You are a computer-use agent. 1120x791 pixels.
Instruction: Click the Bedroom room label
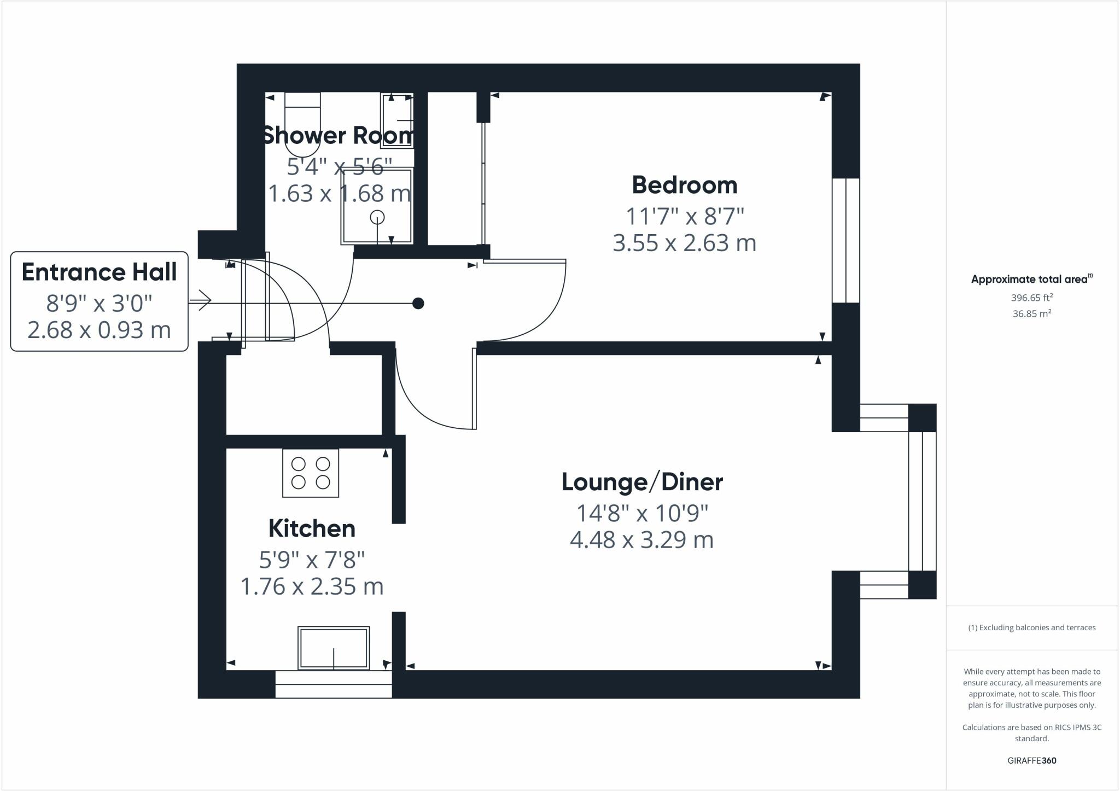[684, 185]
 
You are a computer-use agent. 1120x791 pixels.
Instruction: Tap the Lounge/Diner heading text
[642, 482]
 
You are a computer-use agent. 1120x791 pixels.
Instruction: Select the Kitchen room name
[312, 528]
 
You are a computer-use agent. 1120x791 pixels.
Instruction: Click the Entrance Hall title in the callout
[99, 272]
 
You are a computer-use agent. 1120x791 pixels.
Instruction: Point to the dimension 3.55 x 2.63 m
[684, 243]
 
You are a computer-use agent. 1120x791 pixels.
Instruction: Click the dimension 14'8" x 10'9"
[642, 513]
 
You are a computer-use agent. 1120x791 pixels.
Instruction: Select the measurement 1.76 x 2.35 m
[312, 586]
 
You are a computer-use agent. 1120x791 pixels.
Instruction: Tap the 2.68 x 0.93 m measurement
[99, 330]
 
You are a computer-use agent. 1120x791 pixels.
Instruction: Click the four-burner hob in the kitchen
[311, 473]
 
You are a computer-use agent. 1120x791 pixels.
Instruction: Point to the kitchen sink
[334, 648]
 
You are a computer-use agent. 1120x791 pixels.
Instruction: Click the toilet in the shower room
[302, 125]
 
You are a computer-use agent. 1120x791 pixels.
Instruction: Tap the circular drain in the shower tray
[377, 217]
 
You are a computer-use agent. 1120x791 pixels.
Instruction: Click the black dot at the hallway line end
[418, 303]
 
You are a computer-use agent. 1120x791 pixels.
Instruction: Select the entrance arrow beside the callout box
[201, 300]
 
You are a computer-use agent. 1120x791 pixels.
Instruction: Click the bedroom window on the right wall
[845, 240]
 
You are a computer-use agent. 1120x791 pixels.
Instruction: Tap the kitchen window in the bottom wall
[334, 684]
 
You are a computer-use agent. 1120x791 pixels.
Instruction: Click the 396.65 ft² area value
[1031, 298]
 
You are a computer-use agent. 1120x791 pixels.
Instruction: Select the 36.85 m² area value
[1031, 314]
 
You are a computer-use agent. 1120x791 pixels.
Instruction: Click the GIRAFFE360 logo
[1031, 760]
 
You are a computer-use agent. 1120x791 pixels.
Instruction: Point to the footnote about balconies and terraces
[1031, 627]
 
